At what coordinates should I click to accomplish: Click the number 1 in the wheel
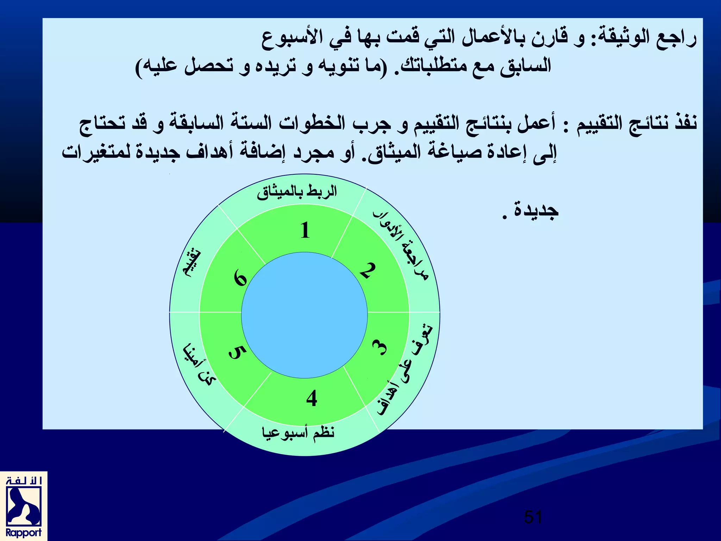(x=305, y=231)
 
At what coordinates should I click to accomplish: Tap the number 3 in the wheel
(x=380, y=348)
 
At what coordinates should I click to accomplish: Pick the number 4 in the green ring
(x=312, y=399)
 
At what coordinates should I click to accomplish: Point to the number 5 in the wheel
(x=237, y=352)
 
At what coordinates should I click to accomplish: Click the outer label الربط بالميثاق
(x=296, y=192)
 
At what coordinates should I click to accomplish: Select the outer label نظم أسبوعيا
(x=298, y=433)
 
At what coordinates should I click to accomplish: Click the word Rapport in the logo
(x=23, y=533)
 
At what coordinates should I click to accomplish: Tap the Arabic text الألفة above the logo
(x=24, y=481)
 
